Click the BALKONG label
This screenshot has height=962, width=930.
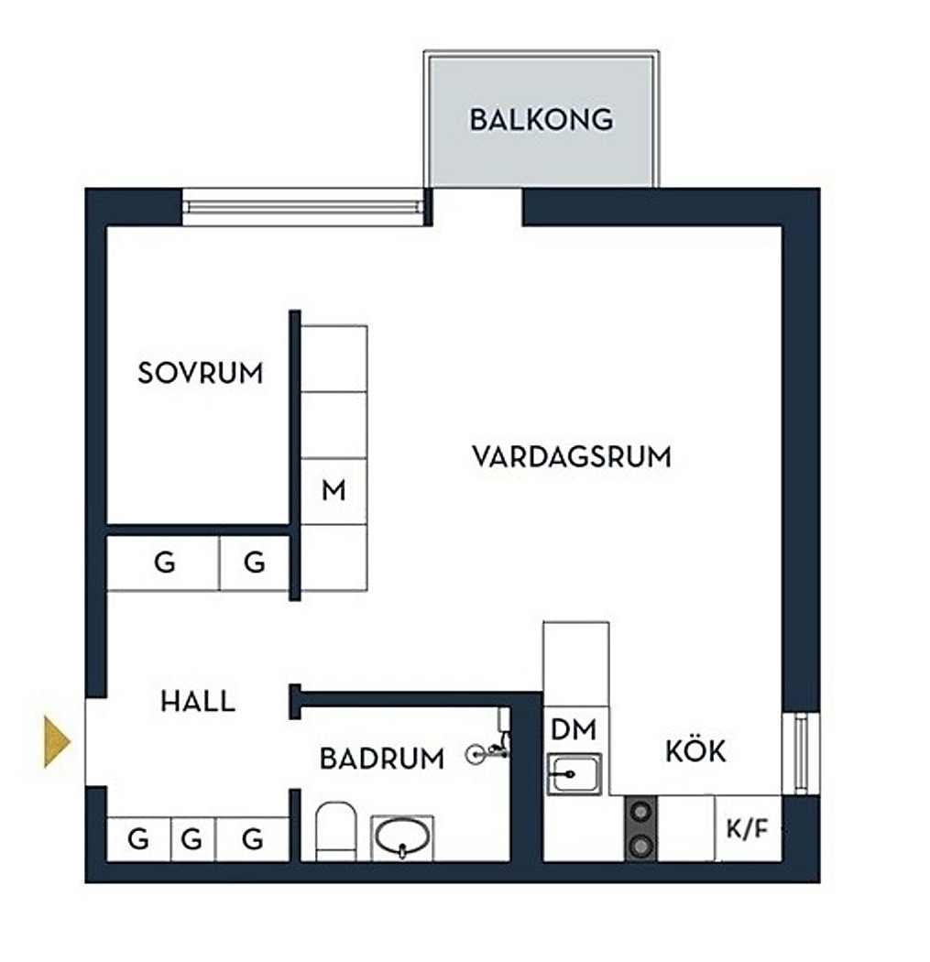click(x=541, y=120)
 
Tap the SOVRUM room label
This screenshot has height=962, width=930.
click(x=200, y=373)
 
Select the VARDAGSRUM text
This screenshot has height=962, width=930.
click(x=572, y=456)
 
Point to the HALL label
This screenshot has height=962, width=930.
click(x=198, y=702)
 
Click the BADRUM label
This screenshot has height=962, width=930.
click(x=381, y=759)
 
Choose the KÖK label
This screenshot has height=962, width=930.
click(x=695, y=751)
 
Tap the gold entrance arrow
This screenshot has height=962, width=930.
click(x=57, y=740)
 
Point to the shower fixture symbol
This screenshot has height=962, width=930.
click(x=489, y=752)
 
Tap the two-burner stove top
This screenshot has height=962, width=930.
click(x=640, y=828)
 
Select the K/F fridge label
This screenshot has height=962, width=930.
click(x=746, y=830)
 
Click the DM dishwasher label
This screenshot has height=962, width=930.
click(x=574, y=729)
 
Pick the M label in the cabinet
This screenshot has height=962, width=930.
click(x=334, y=491)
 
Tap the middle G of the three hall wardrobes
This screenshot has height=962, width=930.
click(x=191, y=838)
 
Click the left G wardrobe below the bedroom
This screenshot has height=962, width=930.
click(x=164, y=563)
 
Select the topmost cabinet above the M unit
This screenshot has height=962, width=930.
click(x=334, y=358)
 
